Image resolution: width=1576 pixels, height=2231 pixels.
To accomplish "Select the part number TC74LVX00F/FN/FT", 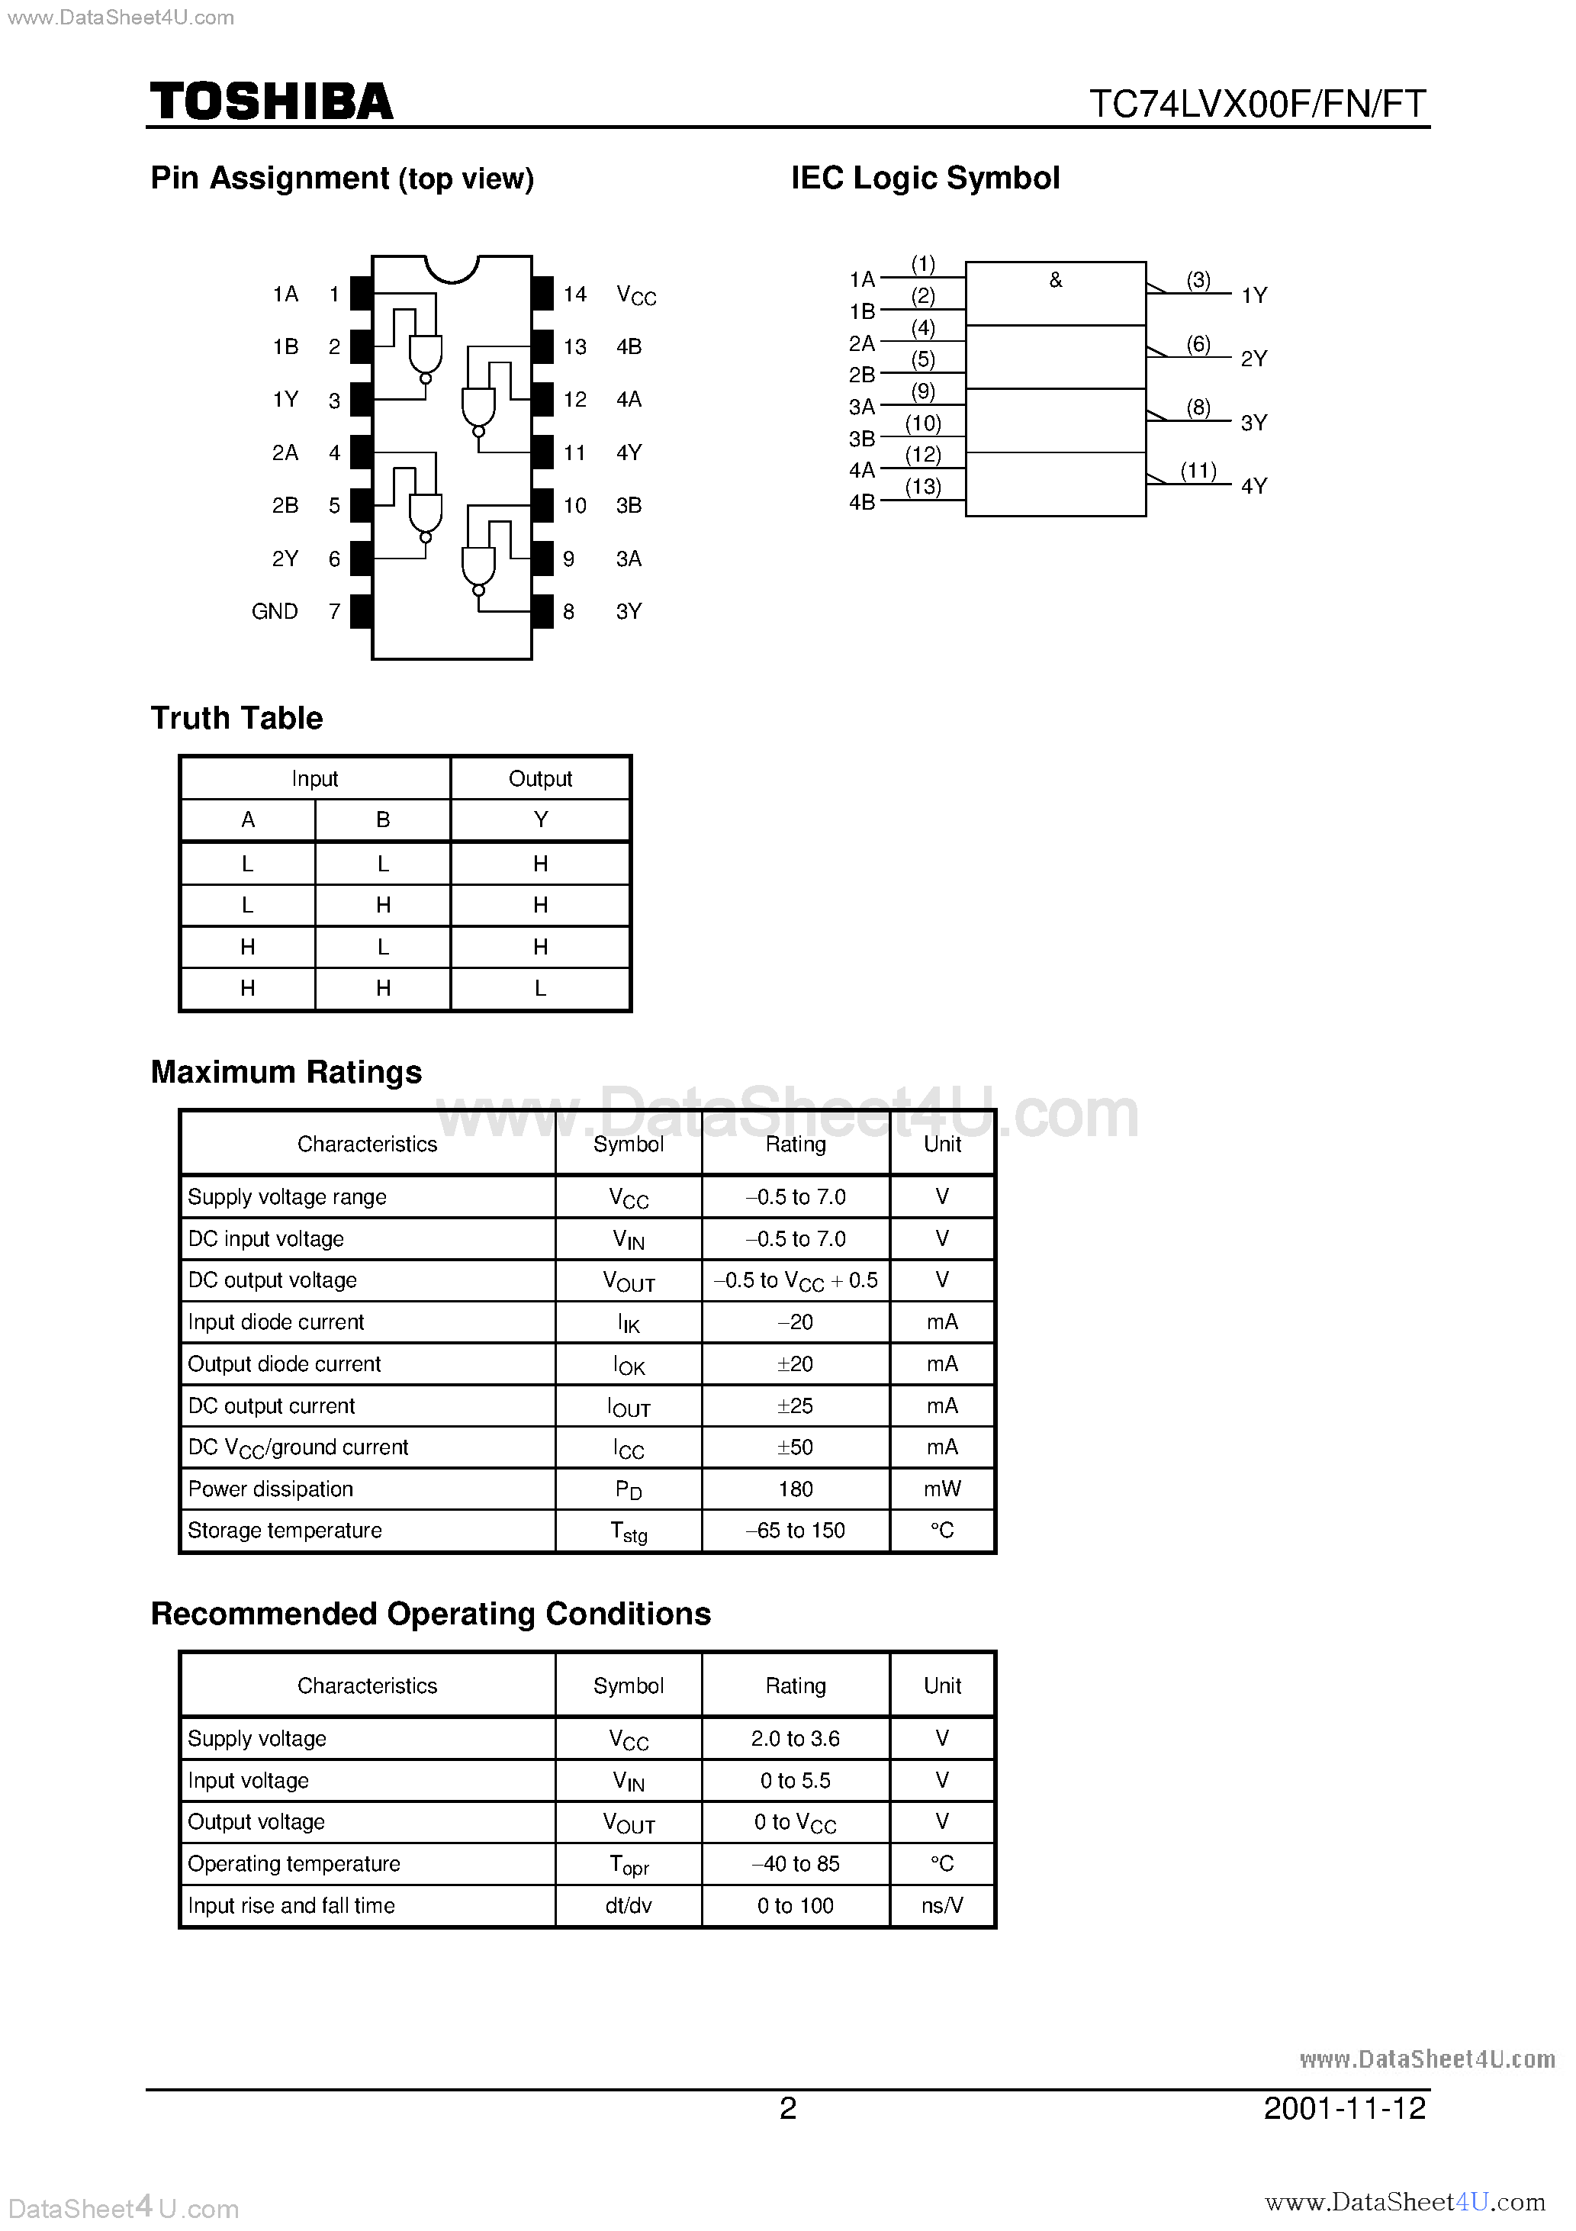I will pyautogui.click(x=1257, y=104).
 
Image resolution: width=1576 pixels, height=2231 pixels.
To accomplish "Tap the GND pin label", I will pyautogui.click(x=274, y=611).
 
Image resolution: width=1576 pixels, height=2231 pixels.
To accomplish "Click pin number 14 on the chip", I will pyautogui.click(x=574, y=294).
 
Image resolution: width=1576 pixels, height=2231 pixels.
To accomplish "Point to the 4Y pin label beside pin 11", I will pyautogui.click(x=629, y=452).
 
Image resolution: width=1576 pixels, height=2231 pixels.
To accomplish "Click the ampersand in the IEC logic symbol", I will pyautogui.click(x=1055, y=281).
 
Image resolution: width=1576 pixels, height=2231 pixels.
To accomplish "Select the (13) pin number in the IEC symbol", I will pyautogui.click(x=923, y=487).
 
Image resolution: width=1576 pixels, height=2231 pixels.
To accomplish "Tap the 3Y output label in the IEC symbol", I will pyautogui.click(x=1253, y=423).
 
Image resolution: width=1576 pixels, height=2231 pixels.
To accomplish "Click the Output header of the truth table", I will pyautogui.click(x=540, y=778).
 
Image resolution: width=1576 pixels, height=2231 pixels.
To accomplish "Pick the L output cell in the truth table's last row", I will pyautogui.click(x=540, y=988).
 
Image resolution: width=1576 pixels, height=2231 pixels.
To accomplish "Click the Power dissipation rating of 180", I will pyautogui.click(x=795, y=1489).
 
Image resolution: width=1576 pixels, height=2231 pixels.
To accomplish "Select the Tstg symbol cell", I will pyautogui.click(x=629, y=1531).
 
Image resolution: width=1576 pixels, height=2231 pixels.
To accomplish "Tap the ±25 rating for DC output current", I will pyautogui.click(x=795, y=1405).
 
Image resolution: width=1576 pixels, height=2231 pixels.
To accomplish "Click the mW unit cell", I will pyautogui.click(x=941, y=1489).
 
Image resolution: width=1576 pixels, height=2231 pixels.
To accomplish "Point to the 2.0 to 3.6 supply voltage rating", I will pyautogui.click(x=795, y=1738).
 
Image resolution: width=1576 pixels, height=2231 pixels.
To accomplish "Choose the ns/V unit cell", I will pyautogui.click(x=941, y=1905).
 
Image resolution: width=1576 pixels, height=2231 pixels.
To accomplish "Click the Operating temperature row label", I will pyautogui.click(x=294, y=1864).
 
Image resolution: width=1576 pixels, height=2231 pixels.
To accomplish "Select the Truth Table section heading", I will pyautogui.click(x=236, y=718).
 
